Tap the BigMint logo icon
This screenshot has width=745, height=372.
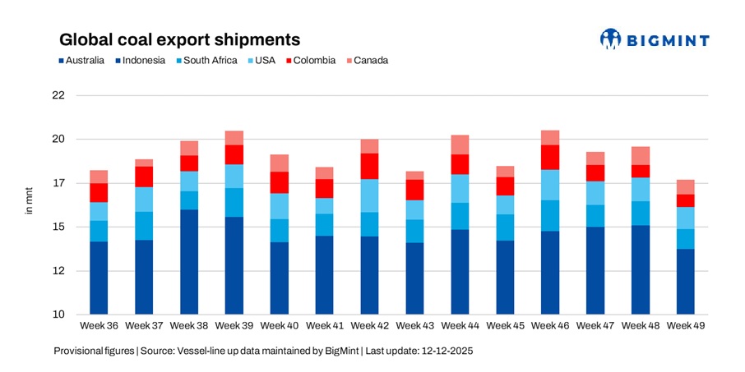[x=610, y=39]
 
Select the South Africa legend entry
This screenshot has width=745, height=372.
[x=210, y=60]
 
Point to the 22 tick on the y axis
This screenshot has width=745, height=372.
[x=58, y=95]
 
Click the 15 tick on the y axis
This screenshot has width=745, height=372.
[x=58, y=227]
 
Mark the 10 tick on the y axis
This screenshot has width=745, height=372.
[x=58, y=315]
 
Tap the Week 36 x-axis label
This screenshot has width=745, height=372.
[x=99, y=326]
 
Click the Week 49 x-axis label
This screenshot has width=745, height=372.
[x=686, y=326]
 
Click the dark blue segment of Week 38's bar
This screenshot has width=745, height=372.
[x=189, y=262]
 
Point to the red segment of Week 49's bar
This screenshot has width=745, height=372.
[x=686, y=200]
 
